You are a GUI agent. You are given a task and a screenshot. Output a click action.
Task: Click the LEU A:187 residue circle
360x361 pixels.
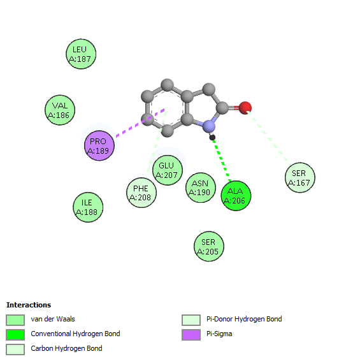81,54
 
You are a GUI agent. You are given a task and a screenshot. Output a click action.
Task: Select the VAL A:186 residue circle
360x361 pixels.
60,110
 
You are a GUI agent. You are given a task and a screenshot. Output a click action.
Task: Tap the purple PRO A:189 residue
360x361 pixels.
99,145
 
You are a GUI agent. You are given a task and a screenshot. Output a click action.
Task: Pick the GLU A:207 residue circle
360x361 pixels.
168,170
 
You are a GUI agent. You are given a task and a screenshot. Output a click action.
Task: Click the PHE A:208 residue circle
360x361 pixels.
141,193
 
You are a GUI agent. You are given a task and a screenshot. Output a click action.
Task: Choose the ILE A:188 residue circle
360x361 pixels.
88,207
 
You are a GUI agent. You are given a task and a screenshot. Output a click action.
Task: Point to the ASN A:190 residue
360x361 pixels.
201,188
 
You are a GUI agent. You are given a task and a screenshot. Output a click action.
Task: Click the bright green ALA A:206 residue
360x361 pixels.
236,196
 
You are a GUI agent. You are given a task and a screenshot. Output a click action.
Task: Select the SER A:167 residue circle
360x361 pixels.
300,178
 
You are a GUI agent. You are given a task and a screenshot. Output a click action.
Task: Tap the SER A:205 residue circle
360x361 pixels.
209,246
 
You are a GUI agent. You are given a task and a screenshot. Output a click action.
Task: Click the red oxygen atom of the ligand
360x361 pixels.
245,108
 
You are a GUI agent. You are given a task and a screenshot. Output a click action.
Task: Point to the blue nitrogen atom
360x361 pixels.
208,126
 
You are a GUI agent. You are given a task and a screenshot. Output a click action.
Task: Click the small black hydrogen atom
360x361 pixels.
212,137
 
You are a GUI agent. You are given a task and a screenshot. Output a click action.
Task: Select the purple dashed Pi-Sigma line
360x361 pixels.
140,123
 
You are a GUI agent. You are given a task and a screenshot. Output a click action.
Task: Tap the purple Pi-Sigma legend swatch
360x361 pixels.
191,335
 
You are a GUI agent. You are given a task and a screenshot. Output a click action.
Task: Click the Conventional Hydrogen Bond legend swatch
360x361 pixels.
15,335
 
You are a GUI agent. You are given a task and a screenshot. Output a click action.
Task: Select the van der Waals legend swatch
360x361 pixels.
15,320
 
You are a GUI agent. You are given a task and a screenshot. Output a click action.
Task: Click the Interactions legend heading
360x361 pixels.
29,305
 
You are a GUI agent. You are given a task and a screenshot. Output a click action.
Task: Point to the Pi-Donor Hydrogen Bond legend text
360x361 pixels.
244,319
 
